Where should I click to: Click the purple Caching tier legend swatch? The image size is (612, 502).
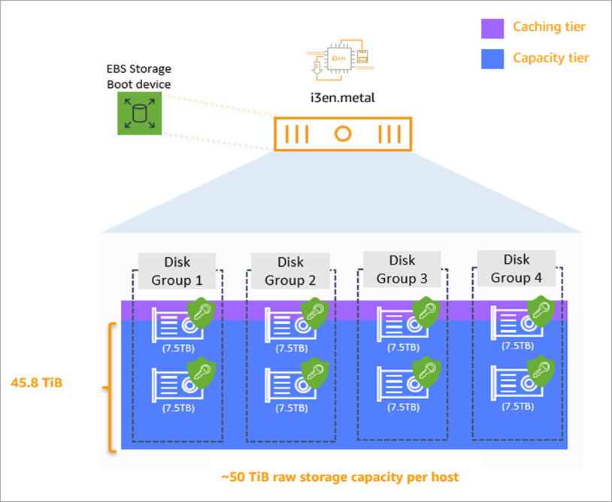(x=492, y=29)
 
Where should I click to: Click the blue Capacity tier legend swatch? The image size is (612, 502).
(x=492, y=59)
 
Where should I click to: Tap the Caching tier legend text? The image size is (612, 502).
(x=549, y=27)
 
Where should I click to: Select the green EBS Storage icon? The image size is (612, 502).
(x=139, y=113)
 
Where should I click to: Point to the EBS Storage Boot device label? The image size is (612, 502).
(x=138, y=77)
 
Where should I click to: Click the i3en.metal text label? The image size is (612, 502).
(x=342, y=98)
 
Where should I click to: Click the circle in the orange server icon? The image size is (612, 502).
(x=343, y=135)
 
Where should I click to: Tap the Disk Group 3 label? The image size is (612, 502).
(x=402, y=270)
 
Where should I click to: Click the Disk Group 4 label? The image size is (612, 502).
(x=517, y=268)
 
